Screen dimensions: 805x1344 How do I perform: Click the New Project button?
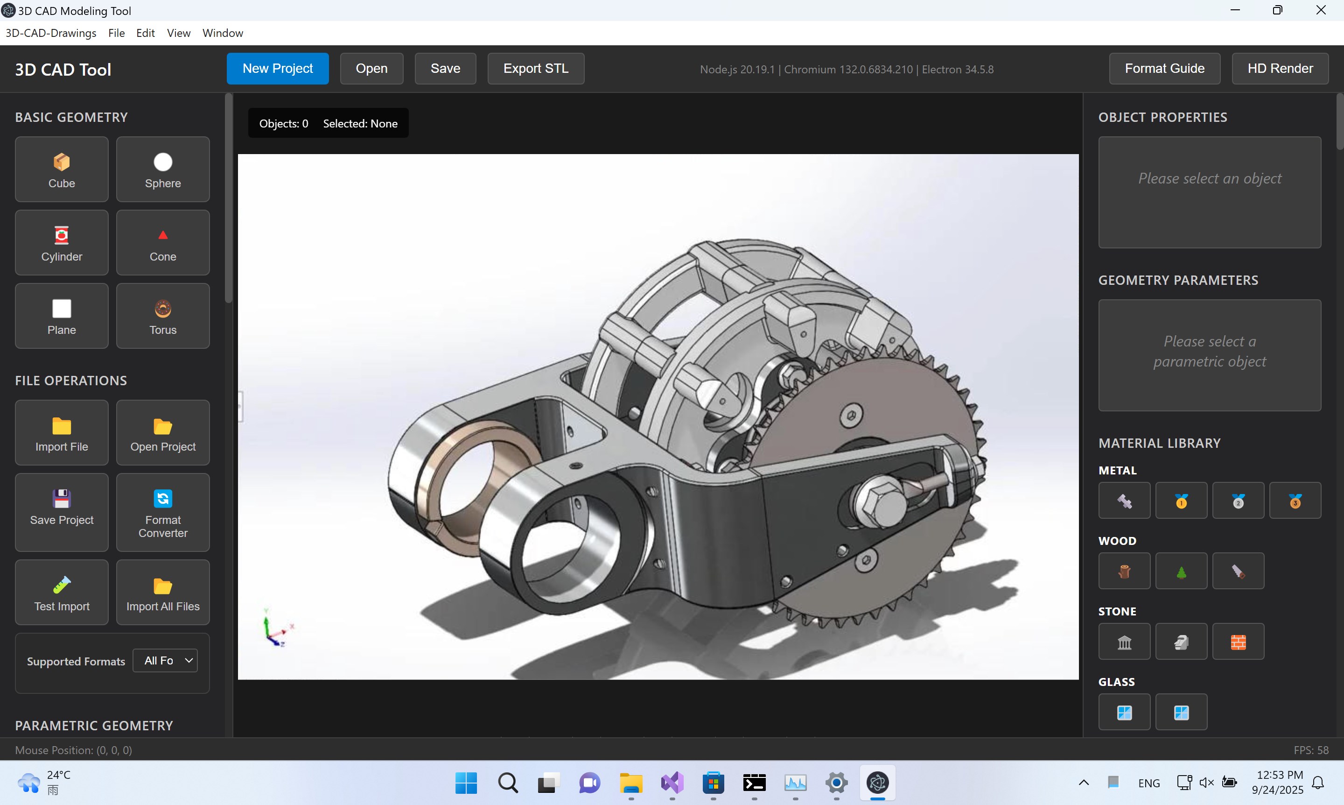[277, 68]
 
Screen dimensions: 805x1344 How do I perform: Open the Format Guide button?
[1164, 68]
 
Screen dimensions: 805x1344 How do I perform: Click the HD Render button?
[1280, 68]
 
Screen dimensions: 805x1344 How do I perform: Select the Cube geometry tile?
[61, 169]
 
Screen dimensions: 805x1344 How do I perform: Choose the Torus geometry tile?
[163, 316]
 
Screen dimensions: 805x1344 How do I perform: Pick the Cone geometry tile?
[163, 242]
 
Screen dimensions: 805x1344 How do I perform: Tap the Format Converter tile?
[163, 512]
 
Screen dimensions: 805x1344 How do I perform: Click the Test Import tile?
[61, 593]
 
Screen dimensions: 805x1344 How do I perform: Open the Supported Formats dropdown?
[165, 661]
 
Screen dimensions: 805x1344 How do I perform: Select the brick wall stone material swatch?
[1238, 642]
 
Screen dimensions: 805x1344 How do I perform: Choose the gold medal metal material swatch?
[1181, 501]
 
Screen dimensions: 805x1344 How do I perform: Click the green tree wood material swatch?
[1181, 571]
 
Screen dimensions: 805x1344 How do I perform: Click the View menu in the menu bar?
[178, 33]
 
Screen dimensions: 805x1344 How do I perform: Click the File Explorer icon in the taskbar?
[630, 783]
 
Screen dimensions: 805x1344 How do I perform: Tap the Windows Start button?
[466, 783]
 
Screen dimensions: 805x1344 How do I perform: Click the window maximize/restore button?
[1277, 10]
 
